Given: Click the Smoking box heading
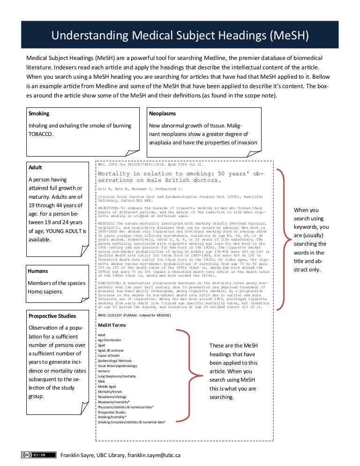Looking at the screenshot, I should (x=39, y=113).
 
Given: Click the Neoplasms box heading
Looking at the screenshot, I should (x=162, y=113).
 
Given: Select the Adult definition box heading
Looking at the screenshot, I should (x=35, y=167).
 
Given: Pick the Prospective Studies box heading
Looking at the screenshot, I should (x=52, y=316).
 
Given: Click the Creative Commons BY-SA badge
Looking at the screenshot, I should (x=35, y=455).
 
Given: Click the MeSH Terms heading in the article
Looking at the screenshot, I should (x=111, y=325).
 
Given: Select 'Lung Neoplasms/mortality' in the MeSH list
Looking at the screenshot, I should (x=117, y=376).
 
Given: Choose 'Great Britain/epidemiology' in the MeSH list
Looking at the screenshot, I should (x=117, y=366).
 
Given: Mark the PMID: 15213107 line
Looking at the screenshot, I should (x=134, y=316).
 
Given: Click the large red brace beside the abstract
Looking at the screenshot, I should (x=280, y=239).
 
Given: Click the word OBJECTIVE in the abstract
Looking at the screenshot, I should (x=108, y=207).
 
